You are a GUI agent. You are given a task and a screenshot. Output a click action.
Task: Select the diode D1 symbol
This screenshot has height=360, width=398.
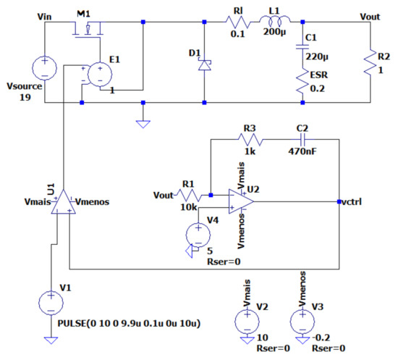[203, 62]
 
